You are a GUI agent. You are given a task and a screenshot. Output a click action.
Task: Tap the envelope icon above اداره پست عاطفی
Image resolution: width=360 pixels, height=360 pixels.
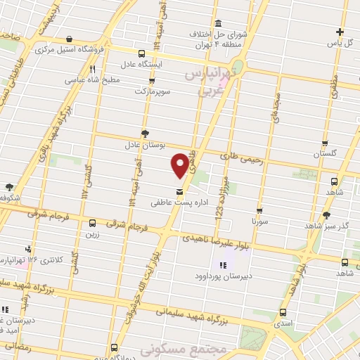tap(180, 191)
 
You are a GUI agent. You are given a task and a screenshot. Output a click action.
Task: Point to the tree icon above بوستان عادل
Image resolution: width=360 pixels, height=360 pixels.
tap(146, 133)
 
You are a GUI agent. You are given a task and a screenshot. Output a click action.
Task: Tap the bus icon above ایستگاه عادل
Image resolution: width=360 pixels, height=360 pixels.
tap(142, 53)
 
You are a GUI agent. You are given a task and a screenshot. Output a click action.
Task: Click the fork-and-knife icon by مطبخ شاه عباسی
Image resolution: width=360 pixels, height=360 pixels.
tap(92, 69)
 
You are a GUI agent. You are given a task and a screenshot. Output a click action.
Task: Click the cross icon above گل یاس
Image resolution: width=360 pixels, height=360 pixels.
tap(340, 32)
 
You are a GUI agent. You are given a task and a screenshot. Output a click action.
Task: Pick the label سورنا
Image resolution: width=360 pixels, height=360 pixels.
tap(261, 221)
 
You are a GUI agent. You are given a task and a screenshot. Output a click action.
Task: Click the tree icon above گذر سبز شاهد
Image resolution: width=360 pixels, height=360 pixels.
tap(326, 215)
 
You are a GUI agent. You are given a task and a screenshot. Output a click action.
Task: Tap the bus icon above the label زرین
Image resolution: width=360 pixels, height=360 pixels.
tap(92, 224)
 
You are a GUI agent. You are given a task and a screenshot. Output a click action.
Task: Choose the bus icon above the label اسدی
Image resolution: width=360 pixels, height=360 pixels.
tap(283, 312)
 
